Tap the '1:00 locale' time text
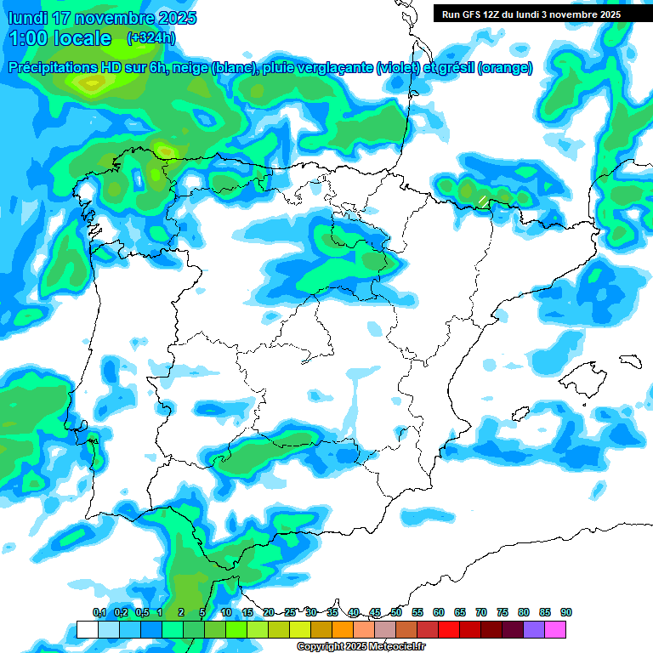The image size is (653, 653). pos(59,38)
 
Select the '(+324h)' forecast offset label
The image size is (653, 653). pos(150,38)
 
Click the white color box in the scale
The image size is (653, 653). pos(88,630)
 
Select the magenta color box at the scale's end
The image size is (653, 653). pos(555,630)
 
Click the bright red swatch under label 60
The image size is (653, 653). pos(449,630)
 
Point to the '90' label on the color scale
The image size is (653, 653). pos(566,612)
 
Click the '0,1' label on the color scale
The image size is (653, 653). pos(99,612)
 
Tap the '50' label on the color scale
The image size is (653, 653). pos(396,612)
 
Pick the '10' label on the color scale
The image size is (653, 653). pos(226,612)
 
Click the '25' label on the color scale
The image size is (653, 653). pos(290,612)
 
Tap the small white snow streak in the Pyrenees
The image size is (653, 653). pos(482,201)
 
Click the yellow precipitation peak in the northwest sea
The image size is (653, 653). pos(86,83)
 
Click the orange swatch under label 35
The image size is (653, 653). pos(343,630)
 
